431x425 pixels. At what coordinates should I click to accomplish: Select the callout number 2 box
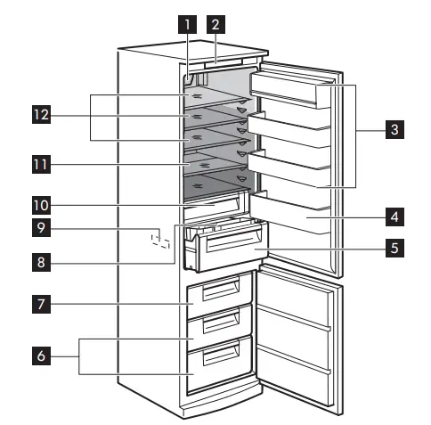[x=215, y=24]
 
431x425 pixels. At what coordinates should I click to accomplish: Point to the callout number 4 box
[x=392, y=216]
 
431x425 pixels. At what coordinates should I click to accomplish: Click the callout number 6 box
[x=39, y=356]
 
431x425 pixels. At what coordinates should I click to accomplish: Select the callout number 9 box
[x=39, y=229]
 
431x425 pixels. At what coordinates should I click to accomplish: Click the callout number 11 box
[x=39, y=165]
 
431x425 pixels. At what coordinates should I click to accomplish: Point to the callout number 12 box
[x=39, y=115]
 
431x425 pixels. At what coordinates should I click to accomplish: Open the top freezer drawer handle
[x=223, y=286]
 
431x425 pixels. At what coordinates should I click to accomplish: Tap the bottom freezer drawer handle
[x=223, y=357]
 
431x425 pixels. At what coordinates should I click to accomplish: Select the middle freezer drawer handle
[x=223, y=321]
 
